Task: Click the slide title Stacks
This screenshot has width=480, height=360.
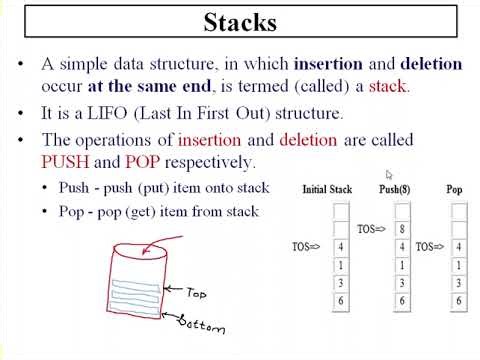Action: (240, 22)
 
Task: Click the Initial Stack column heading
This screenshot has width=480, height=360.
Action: (327, 189)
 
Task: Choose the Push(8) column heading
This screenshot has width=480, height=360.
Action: (397, 189)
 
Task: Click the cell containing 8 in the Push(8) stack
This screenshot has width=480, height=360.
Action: (402, 228)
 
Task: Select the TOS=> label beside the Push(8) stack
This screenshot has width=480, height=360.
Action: (371, 229)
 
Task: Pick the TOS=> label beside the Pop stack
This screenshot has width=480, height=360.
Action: (431, 245)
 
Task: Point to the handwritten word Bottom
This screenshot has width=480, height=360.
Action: (202, 324)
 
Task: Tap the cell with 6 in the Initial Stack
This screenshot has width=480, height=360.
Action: (341, 301)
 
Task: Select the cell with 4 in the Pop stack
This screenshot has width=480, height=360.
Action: (459, 246)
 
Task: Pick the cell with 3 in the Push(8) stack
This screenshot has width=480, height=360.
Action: (402, 283)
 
